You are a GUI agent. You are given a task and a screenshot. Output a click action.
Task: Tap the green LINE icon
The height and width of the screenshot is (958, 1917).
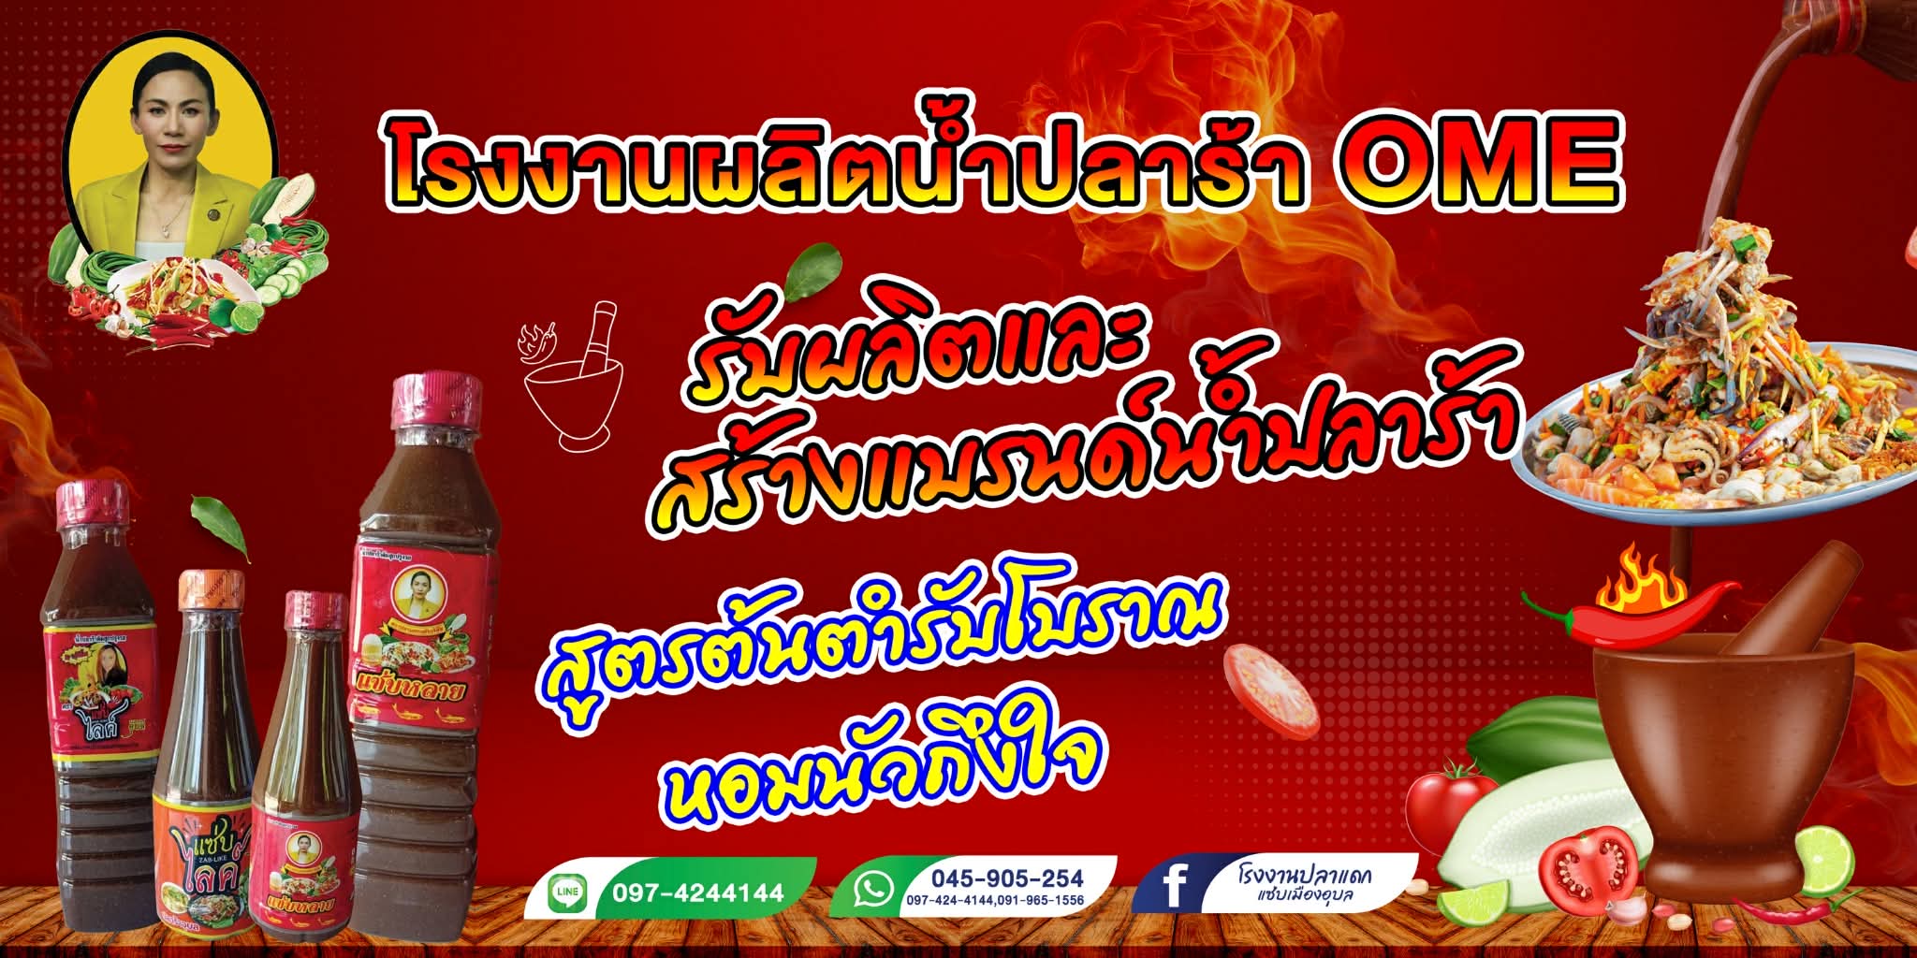click(567, 893)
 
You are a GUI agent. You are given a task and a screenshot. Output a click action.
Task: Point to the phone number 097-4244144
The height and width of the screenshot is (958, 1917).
click(698, 893)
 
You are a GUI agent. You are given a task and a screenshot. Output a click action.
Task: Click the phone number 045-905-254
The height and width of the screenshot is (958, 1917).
click(1006, 878)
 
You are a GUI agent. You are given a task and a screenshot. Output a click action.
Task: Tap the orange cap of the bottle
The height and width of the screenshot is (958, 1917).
click(212, 590)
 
